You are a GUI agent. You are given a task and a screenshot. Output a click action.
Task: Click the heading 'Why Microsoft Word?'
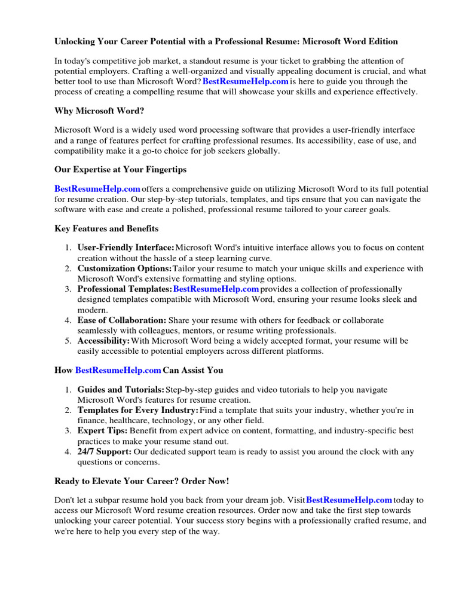pos(99,111)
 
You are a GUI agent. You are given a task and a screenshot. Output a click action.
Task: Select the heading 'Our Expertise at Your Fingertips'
pos(120,170)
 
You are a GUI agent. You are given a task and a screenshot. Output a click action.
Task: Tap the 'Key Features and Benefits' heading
pos(106,228)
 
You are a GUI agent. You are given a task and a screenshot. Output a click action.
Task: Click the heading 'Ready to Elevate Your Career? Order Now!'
pos(142,481)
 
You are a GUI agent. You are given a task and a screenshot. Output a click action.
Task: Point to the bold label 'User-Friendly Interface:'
pos(126,247)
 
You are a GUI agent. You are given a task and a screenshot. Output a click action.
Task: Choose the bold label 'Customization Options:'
pos(124,268)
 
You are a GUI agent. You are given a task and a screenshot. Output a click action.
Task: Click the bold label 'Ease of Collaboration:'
pos(122,320)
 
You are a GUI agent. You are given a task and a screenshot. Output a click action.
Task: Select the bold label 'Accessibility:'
pos(103,341)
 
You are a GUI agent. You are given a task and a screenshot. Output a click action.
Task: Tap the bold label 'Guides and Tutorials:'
pos(121,390)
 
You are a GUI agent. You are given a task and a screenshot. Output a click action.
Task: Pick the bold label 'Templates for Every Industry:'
pos(137,411)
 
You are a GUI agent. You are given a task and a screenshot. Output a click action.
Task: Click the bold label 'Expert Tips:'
pos(102,431)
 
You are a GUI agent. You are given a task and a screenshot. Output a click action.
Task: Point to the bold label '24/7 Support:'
pos(105,452)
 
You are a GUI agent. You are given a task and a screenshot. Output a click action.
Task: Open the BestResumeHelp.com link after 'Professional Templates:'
pos(216,289)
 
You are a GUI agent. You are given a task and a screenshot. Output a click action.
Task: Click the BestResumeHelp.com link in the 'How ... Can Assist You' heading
pos(118,371)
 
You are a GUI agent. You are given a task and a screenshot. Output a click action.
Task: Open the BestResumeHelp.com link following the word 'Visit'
pos(348,500)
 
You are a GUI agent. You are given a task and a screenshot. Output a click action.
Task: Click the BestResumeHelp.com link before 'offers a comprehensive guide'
pos(97,189)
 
